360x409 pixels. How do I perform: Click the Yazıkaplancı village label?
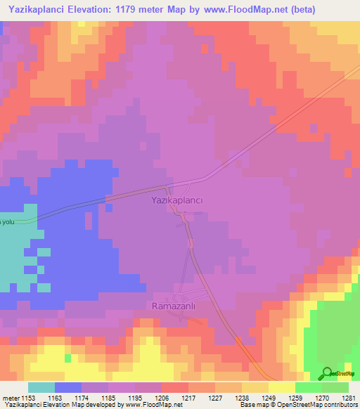pos(177,200)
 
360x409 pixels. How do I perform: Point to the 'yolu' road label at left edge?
pos(8,222)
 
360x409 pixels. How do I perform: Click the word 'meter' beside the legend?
pos(11,398)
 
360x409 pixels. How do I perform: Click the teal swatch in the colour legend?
pos(41,387)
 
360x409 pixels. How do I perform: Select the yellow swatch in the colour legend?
pos(281,387)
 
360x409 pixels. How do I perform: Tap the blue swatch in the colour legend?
pos(68,387)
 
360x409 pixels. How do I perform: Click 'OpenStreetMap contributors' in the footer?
pos(322,405)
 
